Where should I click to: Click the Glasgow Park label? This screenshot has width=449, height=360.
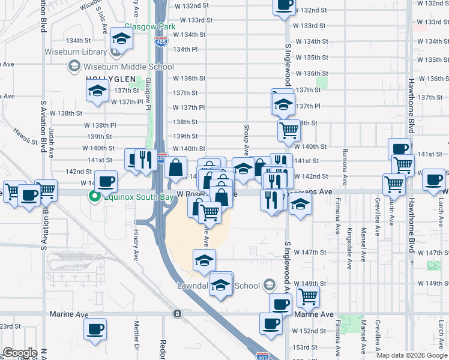[149, 27]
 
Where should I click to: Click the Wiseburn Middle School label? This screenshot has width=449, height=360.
[120, 66]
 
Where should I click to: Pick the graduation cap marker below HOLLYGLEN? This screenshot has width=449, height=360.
[97, 92]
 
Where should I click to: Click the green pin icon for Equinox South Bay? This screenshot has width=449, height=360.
[94, 195]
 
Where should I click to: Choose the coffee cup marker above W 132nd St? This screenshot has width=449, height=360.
[284, 5]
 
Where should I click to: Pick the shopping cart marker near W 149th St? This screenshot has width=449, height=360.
[308, 296]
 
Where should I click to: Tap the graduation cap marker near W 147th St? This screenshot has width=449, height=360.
[204, 260]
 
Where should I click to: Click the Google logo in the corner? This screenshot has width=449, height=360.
[20, 353]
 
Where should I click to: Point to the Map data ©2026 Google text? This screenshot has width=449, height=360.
[411, 355]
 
